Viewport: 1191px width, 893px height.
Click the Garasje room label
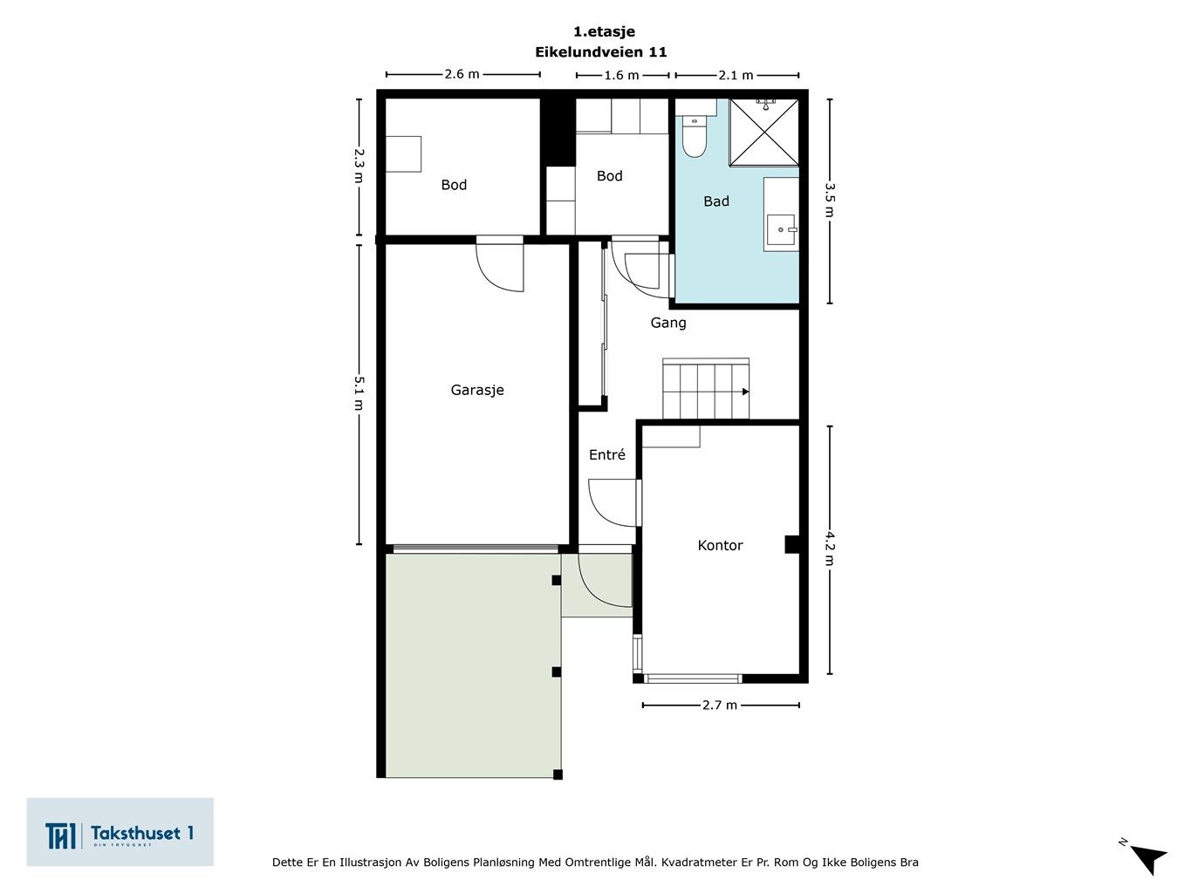[x=477, y=390]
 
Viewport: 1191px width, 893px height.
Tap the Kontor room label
[x=720, y=545]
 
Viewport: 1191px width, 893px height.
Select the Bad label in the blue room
[x=716, y=201]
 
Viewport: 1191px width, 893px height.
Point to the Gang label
[x=668, y=324]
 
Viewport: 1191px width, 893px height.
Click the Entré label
[x=606, y=454]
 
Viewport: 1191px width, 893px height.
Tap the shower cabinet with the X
[x=764, y=132]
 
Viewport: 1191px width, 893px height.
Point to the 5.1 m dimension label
[x=359, y=393]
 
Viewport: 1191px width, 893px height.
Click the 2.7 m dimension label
[x=720, y=705]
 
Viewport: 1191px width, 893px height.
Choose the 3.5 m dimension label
[x=830, y=200]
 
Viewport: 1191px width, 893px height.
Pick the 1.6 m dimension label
[x=622, y=75]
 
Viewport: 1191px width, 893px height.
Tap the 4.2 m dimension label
[x=830, y=549]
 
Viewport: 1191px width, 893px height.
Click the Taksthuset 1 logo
[x=120, y=832]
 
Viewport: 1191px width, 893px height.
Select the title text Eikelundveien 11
[x=600, y=52]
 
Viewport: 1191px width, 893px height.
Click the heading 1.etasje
[x=604, y=31]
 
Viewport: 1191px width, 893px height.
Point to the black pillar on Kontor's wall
[x=792, y=544]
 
